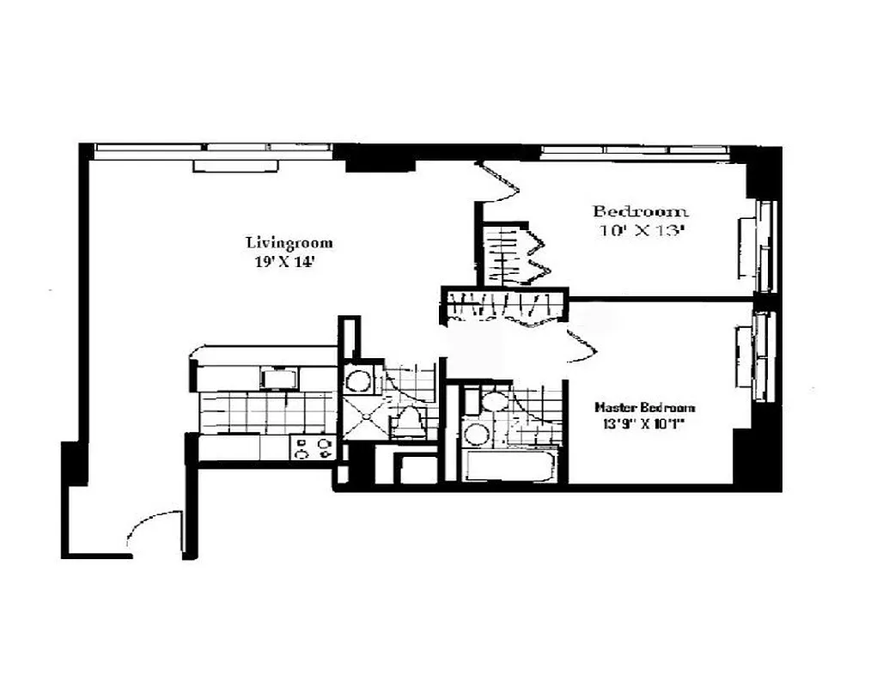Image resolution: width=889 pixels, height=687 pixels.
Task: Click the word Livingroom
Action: pyautogui.click(x=289, y=243)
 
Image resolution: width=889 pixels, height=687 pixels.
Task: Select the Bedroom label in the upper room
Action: pyautogui.click(x=641, y=211)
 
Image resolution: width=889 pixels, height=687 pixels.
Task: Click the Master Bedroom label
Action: pyautogui.click(x=646, y=408)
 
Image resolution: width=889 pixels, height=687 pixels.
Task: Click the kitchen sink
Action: pyautogui.click(x=281, y=379)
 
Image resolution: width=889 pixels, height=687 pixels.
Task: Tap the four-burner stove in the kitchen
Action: pyautogui.click(x=313, y=448)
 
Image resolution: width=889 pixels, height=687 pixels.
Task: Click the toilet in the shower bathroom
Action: pyautogui.click(x=409, y=422)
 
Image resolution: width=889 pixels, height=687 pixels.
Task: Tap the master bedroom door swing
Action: pyautogui.click(x=579, y=345)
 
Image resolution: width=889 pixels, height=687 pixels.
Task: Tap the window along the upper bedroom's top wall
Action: pyautogui.click(x=636, y=150)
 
